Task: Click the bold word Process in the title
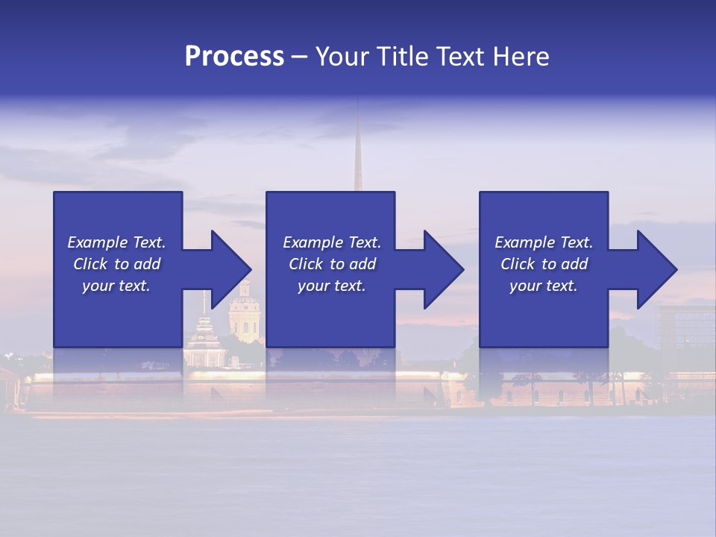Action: coord(234,57)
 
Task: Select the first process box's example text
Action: coord(116,264)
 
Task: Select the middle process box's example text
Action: coord(331,264)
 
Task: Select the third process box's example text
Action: coord(544,264)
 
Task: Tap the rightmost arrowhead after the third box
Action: coord(656,269)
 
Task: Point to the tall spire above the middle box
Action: coord(357,149)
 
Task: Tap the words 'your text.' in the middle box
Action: coord(331,286)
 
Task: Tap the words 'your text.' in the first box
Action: coord(116,286)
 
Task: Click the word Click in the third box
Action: coord(518,264)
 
